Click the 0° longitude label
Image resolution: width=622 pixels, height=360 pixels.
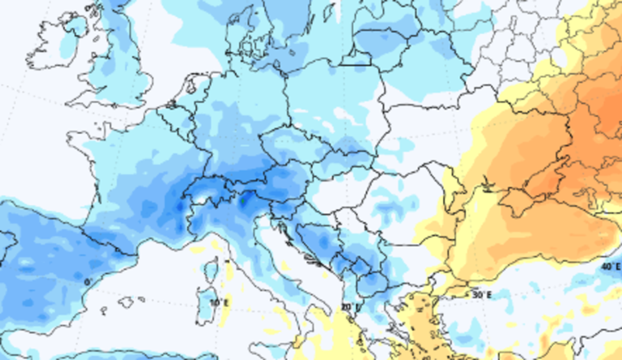click(x=88, y=281)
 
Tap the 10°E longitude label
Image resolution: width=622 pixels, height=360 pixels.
click(x=218, y=302)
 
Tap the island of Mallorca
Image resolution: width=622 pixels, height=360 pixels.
click(x=125, y=302)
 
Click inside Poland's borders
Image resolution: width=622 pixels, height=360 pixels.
click(x=333, y=98)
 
